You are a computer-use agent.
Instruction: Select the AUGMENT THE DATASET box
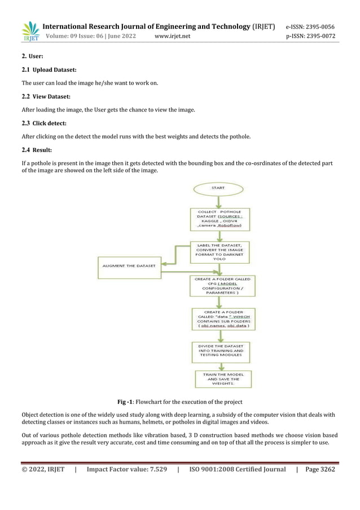[x=129, y=265]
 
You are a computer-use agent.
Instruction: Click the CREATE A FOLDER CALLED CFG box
[x=221, y=286]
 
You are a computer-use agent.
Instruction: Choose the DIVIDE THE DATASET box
[x=220, y=351]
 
